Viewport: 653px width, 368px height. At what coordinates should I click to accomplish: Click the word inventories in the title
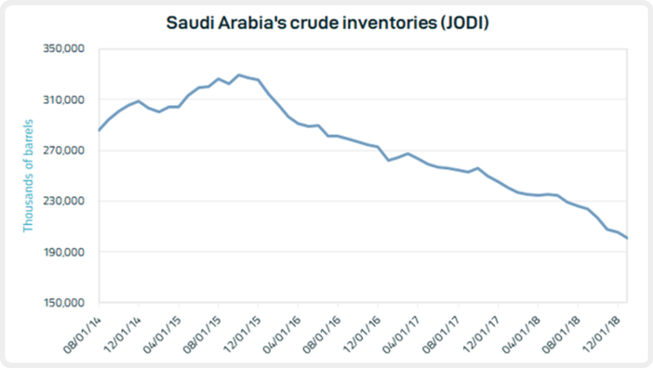pos(389,23)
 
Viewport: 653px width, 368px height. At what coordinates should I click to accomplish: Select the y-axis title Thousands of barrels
pos(28,176)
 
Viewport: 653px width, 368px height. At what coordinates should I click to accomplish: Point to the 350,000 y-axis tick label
pos(64,48)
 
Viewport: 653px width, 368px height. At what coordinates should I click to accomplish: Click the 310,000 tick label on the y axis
pos(64,99)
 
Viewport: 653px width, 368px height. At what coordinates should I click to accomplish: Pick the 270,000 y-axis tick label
pos(64,150)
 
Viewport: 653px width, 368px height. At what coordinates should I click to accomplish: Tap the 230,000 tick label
pos(64,201)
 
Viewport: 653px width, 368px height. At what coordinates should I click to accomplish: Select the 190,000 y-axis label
pos(64,252)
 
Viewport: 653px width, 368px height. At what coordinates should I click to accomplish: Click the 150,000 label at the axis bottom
pos(64,303)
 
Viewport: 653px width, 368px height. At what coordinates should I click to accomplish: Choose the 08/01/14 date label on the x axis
pos(83,335)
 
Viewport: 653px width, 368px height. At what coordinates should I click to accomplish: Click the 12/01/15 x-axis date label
pos(242,335)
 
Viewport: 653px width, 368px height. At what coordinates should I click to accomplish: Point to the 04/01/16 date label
pos(282,335)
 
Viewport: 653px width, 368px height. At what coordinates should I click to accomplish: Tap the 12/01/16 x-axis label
pos(362,335)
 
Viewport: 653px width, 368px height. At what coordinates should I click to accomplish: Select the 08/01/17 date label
pos(441,335)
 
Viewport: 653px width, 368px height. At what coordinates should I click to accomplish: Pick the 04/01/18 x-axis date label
pos(521,335)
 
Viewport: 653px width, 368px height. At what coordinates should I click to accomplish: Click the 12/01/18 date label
pos(601,335)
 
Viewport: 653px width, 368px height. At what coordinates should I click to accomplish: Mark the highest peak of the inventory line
pos(239,75)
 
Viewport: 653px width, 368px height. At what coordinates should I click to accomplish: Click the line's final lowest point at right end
pos(627,238)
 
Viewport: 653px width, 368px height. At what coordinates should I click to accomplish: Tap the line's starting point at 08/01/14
pos(99,130)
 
